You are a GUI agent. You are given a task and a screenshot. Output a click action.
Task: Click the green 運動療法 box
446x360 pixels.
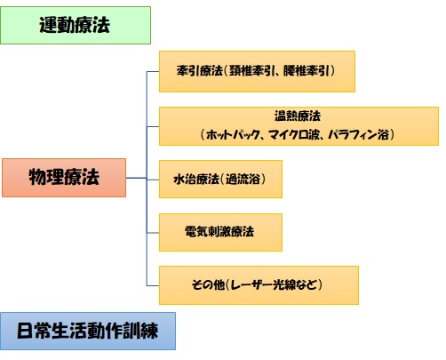[76, 26]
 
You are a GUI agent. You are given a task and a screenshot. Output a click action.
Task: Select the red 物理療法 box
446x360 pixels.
[64, 178]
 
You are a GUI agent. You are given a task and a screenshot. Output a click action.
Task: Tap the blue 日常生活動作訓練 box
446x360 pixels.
[88, 331]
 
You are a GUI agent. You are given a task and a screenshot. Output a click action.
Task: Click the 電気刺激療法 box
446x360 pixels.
[220, 232]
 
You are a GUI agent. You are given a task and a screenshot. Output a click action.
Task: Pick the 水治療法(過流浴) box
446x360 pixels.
[220, 179]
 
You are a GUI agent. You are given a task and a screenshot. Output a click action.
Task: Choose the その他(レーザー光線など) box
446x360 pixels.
[259, 285]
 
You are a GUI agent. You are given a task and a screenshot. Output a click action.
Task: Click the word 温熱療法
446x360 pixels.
[298, 116]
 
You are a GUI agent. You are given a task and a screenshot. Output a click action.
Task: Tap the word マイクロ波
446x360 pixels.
[294, 135]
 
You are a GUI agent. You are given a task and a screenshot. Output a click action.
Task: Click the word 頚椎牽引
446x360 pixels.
[252, 71]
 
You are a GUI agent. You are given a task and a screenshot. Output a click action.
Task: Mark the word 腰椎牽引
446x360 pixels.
[307, 71]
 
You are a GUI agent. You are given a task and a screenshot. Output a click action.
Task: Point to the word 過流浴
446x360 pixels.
[243, 179]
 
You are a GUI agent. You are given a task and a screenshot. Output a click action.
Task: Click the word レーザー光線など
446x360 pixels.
[274, 284]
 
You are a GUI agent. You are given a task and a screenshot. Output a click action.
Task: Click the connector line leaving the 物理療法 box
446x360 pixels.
[136, 178]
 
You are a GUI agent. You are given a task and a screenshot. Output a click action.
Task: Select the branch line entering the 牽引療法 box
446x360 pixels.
[153, 72]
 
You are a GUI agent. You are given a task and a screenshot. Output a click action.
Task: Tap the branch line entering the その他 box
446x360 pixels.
[153, 285]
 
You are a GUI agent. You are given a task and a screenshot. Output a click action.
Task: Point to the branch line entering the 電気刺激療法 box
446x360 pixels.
[153, 233]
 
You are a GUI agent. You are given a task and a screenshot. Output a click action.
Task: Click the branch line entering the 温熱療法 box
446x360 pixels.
[153, 127]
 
